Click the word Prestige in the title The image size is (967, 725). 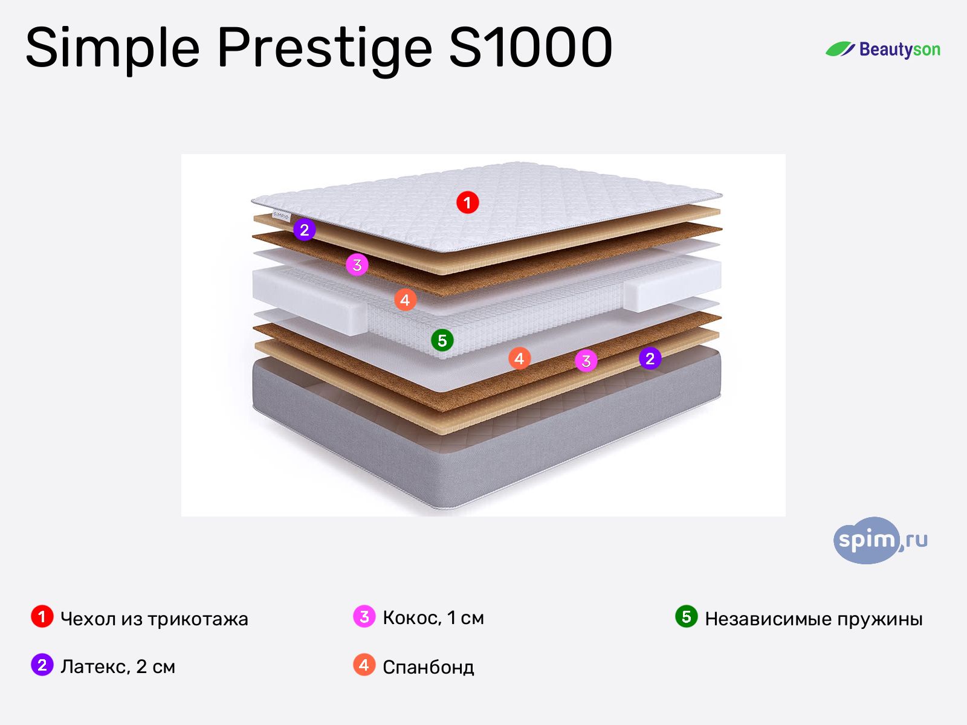325,48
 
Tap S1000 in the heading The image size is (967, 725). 530,48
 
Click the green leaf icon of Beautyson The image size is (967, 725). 840,50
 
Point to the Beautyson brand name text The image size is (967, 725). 899,50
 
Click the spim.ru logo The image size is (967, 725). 880,540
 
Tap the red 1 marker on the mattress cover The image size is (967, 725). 467,202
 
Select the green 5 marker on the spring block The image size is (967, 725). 442,340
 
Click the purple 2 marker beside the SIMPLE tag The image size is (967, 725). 304,230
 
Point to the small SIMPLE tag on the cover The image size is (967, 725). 281,214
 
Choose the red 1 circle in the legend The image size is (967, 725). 42,617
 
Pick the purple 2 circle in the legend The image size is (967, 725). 42,665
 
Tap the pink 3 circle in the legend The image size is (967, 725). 364,617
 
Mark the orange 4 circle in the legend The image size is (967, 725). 364,665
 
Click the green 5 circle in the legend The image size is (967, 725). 686,617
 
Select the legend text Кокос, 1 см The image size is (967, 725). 433,618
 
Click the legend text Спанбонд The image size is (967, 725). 428,667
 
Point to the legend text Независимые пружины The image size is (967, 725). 813,619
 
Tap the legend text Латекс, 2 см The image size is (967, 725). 118,666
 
